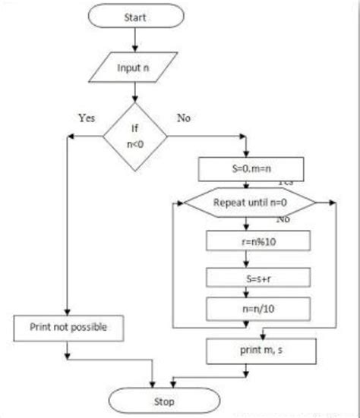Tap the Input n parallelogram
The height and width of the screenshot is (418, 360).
coord(134,68)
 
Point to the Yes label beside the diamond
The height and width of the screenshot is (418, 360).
coord(87,118)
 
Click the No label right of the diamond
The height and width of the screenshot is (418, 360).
coord(183,118)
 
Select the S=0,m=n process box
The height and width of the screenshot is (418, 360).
coord(251,166)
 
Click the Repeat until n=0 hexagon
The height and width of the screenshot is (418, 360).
coord(251,203)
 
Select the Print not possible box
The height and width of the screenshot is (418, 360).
coord(68,328)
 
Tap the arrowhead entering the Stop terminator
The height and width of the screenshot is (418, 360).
coord(156,385)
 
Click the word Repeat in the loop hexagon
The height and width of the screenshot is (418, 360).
coord(228,203)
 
